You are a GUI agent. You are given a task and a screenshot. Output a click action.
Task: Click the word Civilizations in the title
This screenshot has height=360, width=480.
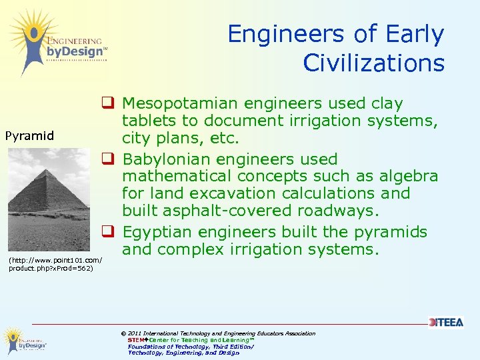coord(373,63)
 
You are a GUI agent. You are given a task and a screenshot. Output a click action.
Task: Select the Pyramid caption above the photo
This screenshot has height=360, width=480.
coord(29,136)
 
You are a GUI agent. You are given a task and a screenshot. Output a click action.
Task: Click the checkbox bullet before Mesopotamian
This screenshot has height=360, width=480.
coord(106,103)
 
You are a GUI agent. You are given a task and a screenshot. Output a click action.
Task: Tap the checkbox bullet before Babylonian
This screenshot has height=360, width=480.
coord(106,159)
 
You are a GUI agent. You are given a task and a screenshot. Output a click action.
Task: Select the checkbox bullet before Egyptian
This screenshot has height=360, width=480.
coord(106,232)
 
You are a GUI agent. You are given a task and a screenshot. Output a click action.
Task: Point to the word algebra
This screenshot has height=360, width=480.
coord(410,176)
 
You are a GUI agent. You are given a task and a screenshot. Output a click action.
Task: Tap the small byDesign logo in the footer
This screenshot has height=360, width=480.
coord(23,340)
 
